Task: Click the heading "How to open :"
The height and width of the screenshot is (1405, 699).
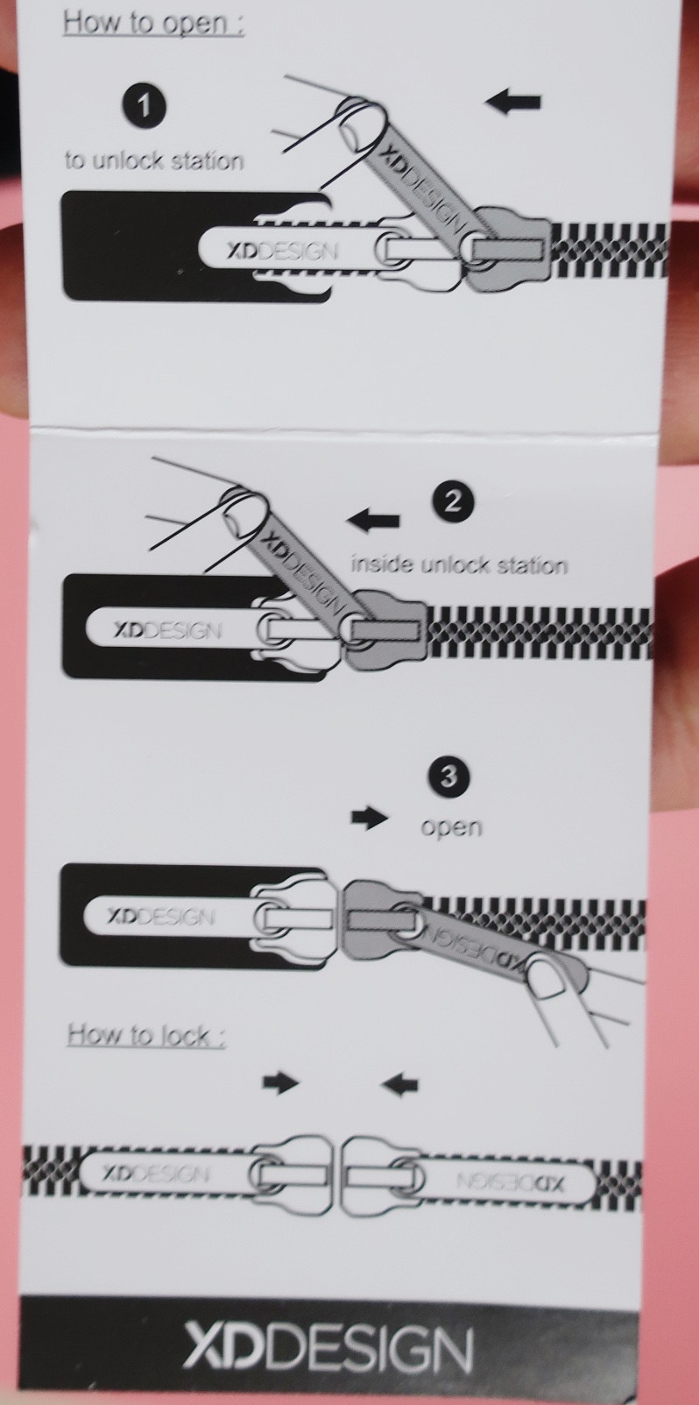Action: tap(153, 24)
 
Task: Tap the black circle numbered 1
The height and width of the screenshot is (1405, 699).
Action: tap(144, 105)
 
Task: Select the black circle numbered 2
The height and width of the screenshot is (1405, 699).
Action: tap(453, 501)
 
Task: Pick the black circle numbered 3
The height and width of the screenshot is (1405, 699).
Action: tap(449, 777)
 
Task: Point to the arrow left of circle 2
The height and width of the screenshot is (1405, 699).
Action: tap(373, 521)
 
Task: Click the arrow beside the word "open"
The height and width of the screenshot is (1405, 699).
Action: tap(370, 818)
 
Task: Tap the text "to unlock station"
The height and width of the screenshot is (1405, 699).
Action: tap(154, 160)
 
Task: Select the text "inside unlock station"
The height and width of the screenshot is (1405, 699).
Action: tap(460, 565)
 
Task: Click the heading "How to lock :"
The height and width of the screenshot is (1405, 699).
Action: tap(146, 1035)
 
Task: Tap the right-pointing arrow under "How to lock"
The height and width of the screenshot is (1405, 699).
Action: tap(281, 1082)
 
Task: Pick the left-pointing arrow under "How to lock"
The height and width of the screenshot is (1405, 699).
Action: tap(399, 1083)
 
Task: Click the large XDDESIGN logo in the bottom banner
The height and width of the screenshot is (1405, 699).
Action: tap(328, 1346)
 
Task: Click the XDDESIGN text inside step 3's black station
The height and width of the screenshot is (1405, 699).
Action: tap(161, 917)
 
